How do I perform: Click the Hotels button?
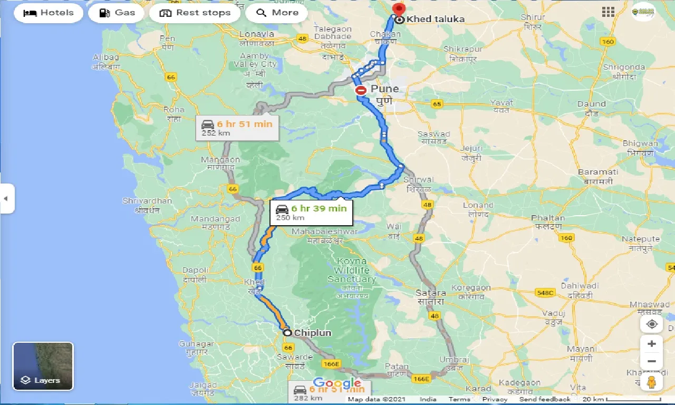click(x=49, y=13)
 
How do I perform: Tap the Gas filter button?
click(x=117, y=13)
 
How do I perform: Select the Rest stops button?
click(x=195, y=13)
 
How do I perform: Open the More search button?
click(x=277, y=13)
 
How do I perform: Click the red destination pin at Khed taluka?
click(x=399, y=9)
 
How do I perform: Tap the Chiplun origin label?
click(x=312, y=333)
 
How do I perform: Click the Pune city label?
click(x=384, y=89)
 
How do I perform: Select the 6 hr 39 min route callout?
click(x=311, y=212)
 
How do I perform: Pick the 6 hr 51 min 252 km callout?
click(x=237, y=128)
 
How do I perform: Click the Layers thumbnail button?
click(x=43, y=366)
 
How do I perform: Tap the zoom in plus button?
click(x=652, y=344)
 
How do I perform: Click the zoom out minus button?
click(x=652, y=361)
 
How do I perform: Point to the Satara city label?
click(x=430, y=293)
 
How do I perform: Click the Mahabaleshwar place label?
click(x=324, y=232)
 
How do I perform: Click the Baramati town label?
click(x=597, y=172)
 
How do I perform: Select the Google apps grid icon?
click(x=608, y=12)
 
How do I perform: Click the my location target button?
click(x=652, y=324)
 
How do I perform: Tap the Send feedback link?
click(x=545, y=399)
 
